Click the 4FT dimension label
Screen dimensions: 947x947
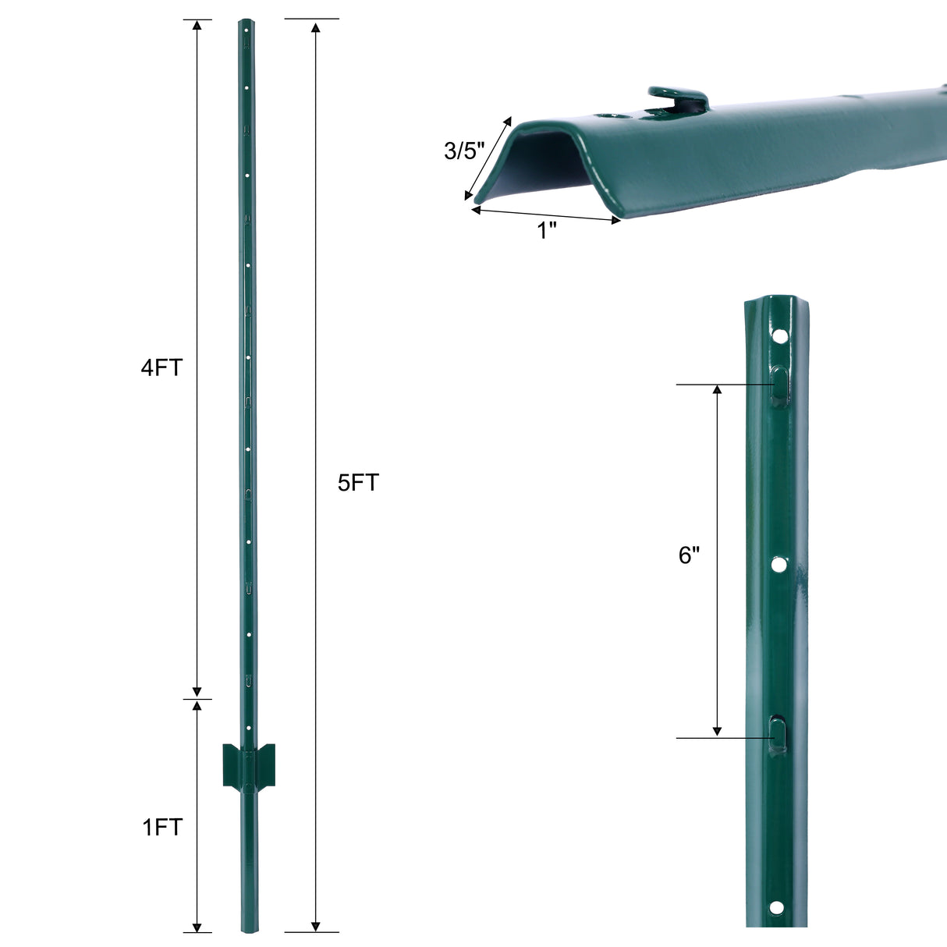[x=161, y=367]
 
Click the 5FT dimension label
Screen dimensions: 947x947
[x=358, y=483]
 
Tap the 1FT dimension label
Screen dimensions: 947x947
[x=162, y=827]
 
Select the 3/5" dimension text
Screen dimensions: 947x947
[x=464, y=151]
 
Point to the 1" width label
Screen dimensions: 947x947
[x=548, y=231]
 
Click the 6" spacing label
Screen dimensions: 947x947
[x=690, y=555]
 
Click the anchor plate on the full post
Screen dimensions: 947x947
[x=248, y=765]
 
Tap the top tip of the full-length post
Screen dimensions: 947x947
[x=247, y=23]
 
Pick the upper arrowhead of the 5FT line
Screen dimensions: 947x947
[x=315, y=28]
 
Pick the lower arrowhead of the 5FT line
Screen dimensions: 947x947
[x=315, y=926]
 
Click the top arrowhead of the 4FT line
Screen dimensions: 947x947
[x=197, y=26]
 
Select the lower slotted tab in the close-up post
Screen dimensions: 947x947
[x=779, y=734]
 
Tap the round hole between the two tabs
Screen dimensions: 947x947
[x=779, y=564]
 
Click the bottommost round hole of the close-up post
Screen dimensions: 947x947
[x=775, y=907]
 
